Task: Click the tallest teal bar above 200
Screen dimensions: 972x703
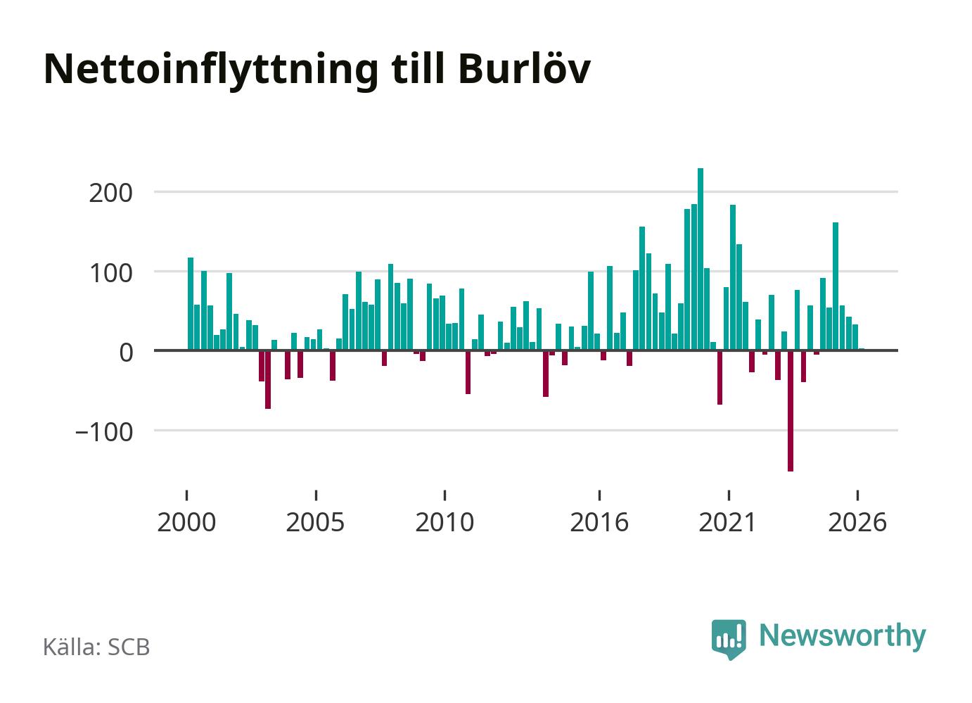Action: click(x=701, y=259)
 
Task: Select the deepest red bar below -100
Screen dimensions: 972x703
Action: click(x=791, y=411)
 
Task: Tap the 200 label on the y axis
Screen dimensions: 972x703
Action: click(x=110, y=194)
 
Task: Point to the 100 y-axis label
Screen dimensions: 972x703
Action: click(x=111, y=274)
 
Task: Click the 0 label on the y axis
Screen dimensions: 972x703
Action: click(x=127, y=353)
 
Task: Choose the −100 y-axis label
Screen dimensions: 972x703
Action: click(x=104, y=432)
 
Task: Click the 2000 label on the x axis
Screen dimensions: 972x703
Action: click(x=186, y=522)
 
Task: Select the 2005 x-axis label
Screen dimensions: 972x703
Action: click(x=316, y=522)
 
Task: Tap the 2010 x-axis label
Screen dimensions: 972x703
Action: click(x=445, y=522)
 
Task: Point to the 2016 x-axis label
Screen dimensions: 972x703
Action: click(x=599, y=522)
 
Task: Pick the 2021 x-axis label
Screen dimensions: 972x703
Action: click(x=728, y=522)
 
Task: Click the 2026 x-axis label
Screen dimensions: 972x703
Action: click(x=857, y=522)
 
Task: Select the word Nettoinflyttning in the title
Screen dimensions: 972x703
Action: click(x=211, y=71)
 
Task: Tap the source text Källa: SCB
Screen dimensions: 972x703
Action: click(x=96, y=647)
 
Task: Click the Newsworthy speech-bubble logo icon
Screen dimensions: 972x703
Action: click(x=729, y=639)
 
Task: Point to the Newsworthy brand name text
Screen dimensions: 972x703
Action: click(x=843, y=638)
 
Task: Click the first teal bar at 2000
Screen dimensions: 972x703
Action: click(x=191, y=304)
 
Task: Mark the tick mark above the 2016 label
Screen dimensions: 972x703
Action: click(x=599, y=495)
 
